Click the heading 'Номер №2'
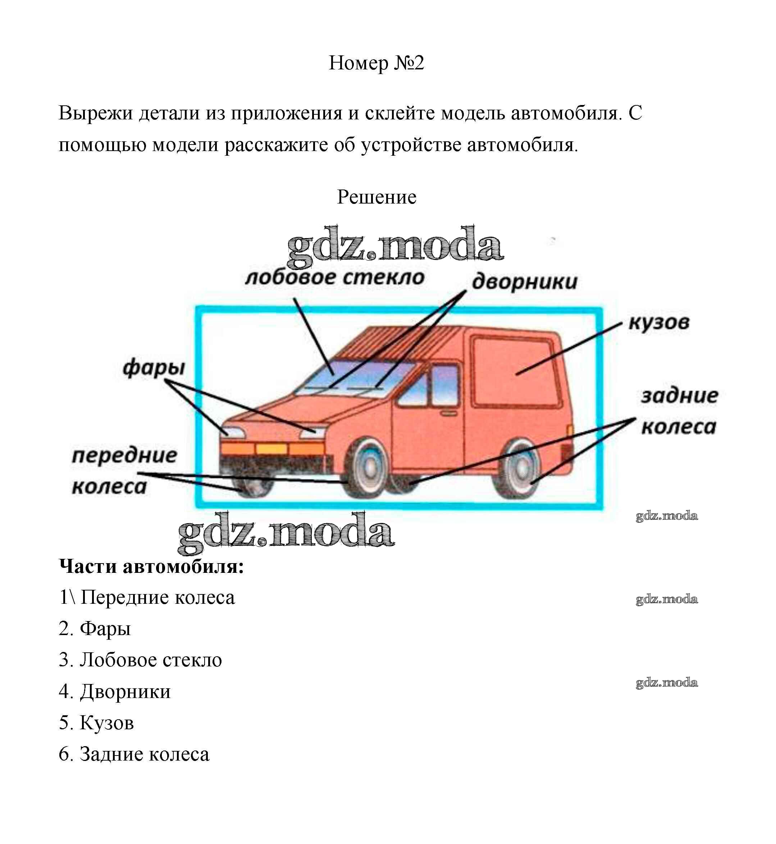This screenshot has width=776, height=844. click(376, 63)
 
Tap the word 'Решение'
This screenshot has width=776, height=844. click(376, 197)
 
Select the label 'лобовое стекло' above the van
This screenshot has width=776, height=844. click(335, 278)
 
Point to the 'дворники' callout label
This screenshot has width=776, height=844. click(525, 281)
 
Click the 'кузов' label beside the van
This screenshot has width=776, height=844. click(658, 323)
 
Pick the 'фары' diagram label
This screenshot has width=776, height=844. click(154, 368)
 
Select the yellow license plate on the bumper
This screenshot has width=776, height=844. click(271, 449)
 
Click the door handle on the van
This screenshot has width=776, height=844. click(449, 414)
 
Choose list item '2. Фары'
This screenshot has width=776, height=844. click(95, 629)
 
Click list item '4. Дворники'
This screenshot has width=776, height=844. click(115, 691)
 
